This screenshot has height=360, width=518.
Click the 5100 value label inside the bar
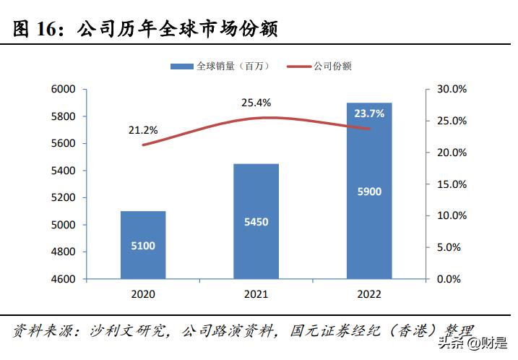coord(143,246)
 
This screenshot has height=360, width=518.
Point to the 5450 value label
coord(256,222)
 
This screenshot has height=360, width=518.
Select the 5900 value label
coord(369,192)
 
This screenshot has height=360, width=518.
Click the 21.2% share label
coord(143,130)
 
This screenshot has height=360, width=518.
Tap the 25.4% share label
coord(256,103)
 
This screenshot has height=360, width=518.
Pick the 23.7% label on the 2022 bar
coord(369,113)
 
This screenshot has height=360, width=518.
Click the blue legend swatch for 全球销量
coord(181,67)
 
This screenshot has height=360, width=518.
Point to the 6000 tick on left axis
coord(64,89)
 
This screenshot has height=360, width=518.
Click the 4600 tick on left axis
coord(64,279)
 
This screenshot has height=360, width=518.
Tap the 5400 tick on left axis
coord(64,171)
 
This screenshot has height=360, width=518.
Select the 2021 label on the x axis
coord(256,294)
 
